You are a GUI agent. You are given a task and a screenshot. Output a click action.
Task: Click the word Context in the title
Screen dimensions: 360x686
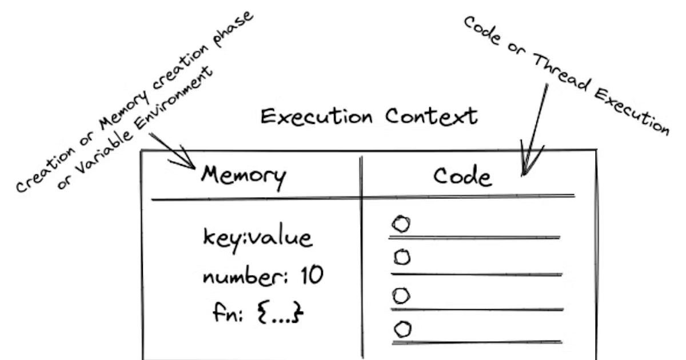click(431, 115)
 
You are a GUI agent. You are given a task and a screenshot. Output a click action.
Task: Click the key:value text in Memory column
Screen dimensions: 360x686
click(258, 238)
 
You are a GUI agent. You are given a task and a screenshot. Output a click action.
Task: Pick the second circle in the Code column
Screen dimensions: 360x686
click(402, 258)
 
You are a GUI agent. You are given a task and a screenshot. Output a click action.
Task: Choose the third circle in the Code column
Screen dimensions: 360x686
click(402, 295)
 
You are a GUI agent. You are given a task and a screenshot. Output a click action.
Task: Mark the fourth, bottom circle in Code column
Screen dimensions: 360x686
click(403, 329)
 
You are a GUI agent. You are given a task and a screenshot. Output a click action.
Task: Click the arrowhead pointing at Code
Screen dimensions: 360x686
click(527, 166)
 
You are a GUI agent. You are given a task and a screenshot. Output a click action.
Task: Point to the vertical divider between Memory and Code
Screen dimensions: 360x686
click(361, 257)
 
